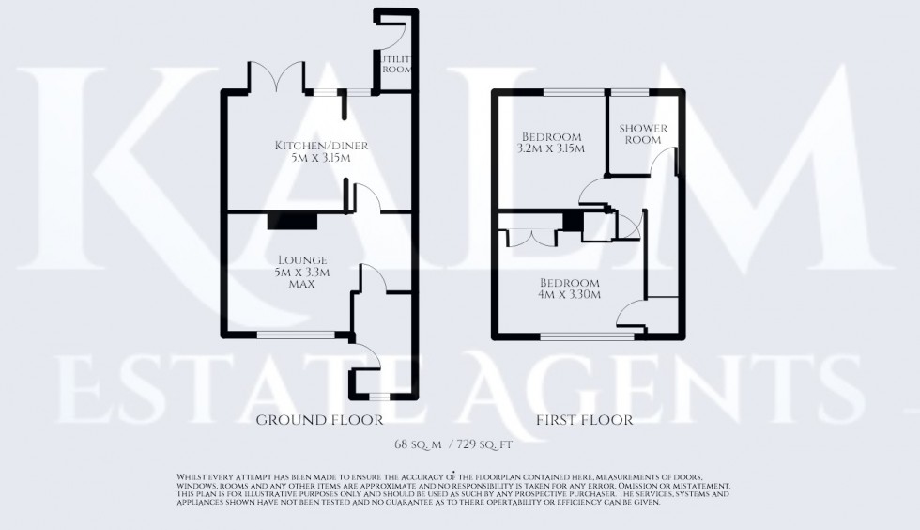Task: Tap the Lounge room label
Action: [301, 259]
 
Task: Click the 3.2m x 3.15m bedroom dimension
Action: [551, 148]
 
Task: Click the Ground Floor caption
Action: [320, 419]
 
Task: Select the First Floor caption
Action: [583, 419]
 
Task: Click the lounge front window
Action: [296, 334]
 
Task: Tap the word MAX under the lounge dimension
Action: [301, 284]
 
